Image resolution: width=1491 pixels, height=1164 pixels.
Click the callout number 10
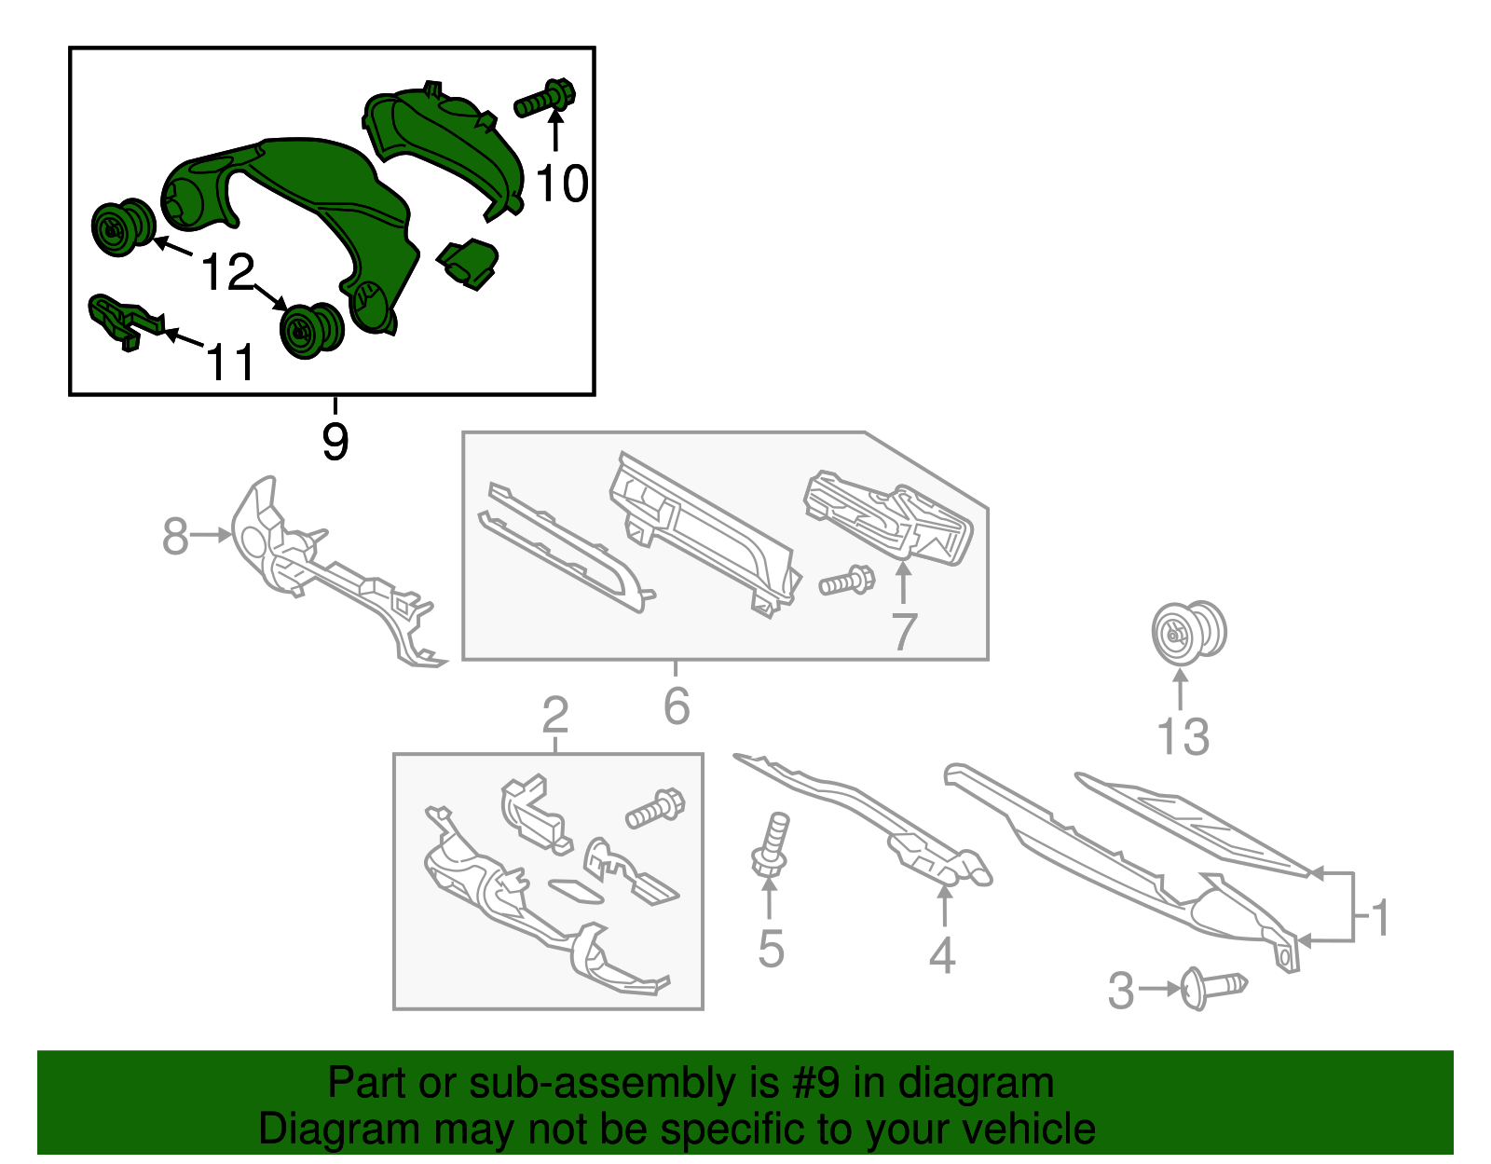561,184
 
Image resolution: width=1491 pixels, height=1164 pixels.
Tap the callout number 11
230,362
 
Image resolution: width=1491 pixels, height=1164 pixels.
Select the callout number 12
227,271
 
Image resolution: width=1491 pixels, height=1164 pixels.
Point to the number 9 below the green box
335,442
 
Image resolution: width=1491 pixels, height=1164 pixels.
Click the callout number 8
175,536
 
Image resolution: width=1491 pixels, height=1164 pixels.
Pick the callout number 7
904,631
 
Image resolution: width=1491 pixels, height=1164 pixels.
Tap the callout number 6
677,705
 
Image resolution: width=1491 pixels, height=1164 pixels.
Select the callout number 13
1183,736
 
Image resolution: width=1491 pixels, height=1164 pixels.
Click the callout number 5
771,949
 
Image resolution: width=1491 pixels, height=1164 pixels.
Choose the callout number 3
1121,992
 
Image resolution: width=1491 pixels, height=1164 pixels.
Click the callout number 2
555,715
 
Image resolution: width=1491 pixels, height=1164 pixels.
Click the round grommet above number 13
1188,633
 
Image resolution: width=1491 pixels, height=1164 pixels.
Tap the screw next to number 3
1212,989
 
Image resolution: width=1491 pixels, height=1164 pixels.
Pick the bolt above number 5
772,843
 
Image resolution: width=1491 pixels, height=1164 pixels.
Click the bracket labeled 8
329,570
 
